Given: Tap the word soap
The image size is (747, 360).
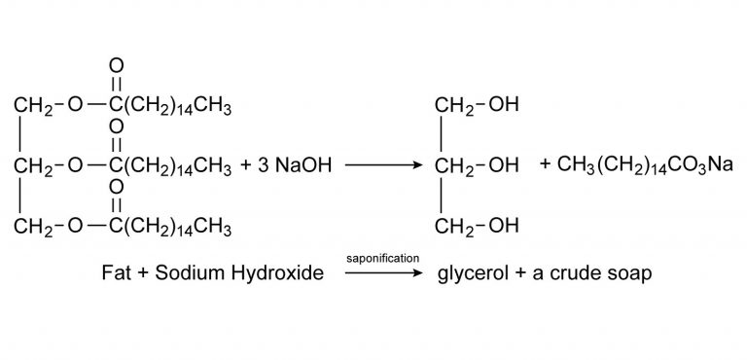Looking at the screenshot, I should [x=629, y=274].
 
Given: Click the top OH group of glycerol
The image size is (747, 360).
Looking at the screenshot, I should [x=502, y=104].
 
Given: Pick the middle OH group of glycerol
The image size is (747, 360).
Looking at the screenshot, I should [x=502, y=166].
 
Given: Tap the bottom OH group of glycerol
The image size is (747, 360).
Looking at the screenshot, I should [x=502, y=229].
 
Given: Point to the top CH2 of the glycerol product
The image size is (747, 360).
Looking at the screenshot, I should [x=454, y=104].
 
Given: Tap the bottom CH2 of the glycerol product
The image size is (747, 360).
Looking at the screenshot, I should [x=454, y=229].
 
